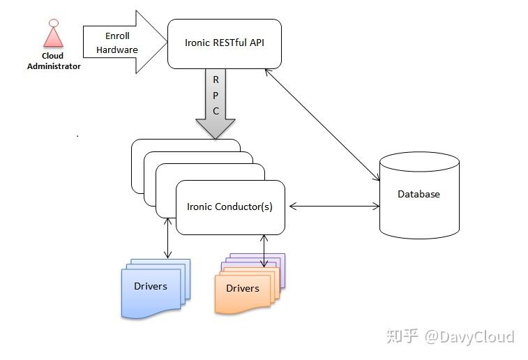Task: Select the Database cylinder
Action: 418,195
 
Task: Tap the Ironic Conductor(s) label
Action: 229,207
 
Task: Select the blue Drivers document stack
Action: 153,287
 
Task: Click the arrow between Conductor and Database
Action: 333,206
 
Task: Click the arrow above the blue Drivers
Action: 167,239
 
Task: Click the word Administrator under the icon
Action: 54,66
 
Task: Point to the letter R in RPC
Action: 216,80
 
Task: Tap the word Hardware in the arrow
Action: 117,50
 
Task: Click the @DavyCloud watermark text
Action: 469,337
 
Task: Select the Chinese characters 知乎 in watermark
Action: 403,337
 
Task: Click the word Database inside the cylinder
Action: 418,194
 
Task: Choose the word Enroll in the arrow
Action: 117,36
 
